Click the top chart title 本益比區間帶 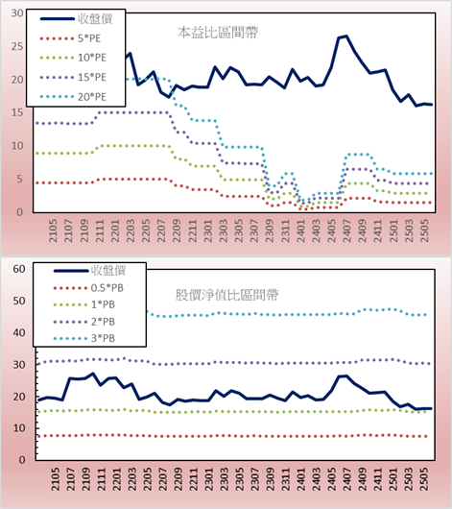click(218, 33)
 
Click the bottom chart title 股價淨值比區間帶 click(226, 295)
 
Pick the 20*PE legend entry click(73, 97)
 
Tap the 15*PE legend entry click(73, 77)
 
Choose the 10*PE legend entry click(73, 58)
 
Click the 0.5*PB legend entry click(88, 288)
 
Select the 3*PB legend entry click(84, 338)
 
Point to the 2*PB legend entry click(84, 322)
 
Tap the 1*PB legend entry click(84, 304)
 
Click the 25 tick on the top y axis click(17, 46)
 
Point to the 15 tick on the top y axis click(17, 112)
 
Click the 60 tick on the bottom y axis click(19, 269)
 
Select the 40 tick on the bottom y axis click(19, 332)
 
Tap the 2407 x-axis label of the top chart click(347, 230)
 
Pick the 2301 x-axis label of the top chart click(208, 230)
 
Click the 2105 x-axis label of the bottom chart click(55, 479)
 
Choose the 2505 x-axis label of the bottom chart click(424, 479)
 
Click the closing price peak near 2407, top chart click(346, 36)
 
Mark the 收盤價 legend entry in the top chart click(76, 19)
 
